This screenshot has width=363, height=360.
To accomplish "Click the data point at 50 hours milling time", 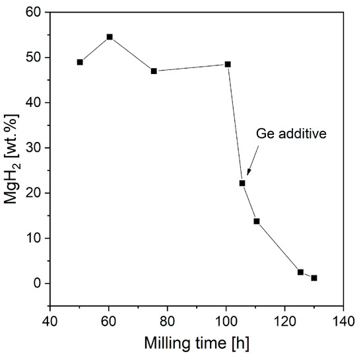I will (x=80, y=62).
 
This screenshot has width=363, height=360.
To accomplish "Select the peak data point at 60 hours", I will (x=110, y=37).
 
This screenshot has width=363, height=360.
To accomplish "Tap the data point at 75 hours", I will (x=154, y=71).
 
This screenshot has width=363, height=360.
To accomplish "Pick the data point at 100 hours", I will (x=228, y=64).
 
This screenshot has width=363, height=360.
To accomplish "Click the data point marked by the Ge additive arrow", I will (x=242, y=183).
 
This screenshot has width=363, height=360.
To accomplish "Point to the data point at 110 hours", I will (x=257, y=221).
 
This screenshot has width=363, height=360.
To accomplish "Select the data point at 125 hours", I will (x=300, y=272).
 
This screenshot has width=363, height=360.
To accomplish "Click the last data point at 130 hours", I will (x=314, y=278).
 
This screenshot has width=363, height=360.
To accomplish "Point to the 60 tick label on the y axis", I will (x=32, y=13).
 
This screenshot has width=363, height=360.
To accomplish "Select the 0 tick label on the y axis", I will (x=36, y=283).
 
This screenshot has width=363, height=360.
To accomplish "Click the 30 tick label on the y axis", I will (x=32, y=148).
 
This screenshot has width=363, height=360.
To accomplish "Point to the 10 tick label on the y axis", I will (x=32, y=238).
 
